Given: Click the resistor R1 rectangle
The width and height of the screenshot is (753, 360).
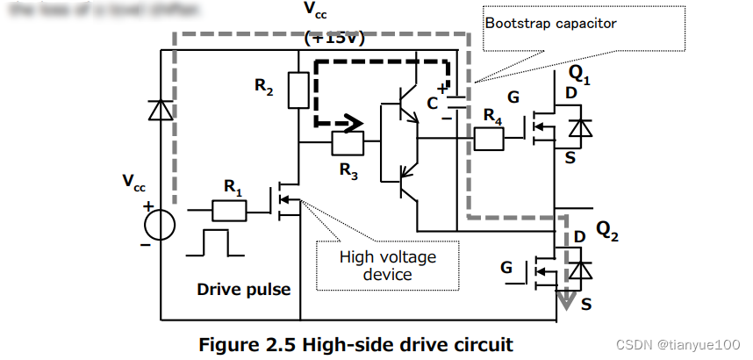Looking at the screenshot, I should click(229, 210).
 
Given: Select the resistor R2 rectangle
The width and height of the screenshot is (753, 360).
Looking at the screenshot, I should click(298, 90).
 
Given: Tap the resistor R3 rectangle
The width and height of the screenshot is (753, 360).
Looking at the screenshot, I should click(348, 142).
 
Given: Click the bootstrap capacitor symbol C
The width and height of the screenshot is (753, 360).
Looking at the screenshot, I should click(447, 102).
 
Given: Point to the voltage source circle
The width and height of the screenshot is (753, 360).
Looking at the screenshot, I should click(160, 225).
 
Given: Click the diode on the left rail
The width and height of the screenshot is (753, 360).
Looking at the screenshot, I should click(160, 110).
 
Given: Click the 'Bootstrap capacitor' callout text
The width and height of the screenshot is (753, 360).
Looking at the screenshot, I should click(550, 23).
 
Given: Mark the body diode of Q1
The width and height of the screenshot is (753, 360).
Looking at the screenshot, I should click(576, 128).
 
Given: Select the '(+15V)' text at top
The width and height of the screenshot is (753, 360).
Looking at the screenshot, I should click(333, 39).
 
